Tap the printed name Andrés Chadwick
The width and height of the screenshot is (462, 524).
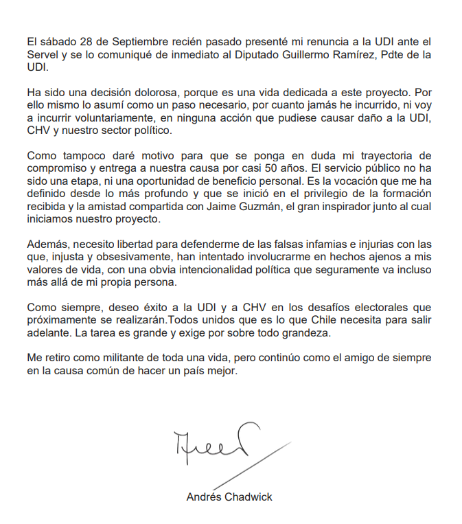click(x=229, y=497)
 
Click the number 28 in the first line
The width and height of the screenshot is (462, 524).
click(x=81, y=36)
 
